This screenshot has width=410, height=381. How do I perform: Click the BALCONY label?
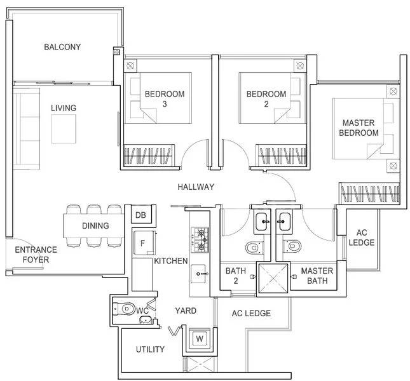(62, 47)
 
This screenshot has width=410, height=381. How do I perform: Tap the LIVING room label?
(64, 108)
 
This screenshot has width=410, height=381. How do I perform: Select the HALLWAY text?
(196, 187)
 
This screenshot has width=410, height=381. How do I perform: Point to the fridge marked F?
(143, 243)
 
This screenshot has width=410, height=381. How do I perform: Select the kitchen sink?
(198, 274)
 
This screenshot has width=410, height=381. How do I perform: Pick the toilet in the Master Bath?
(293, 246)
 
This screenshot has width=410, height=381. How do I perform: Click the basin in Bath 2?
(263, 222)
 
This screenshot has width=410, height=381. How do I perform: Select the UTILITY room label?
(150, 349)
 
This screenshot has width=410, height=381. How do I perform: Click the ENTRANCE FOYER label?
(36, 255)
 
